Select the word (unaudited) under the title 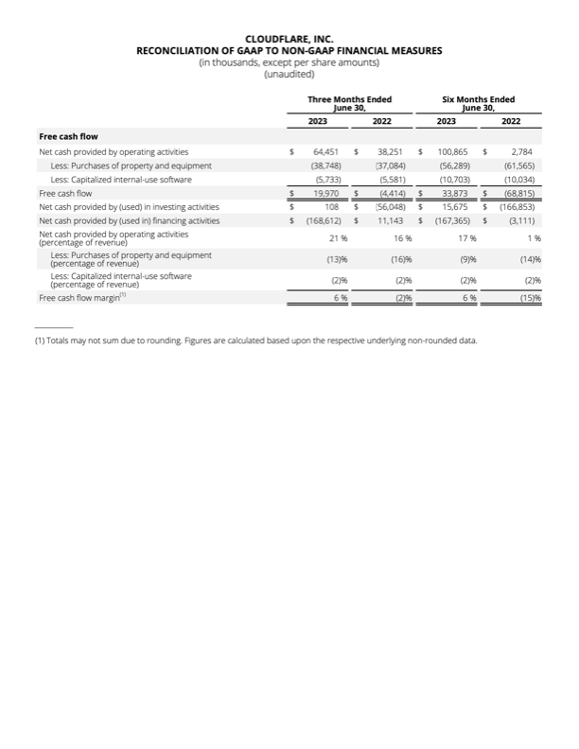click(289, 73)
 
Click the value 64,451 click(325, 151)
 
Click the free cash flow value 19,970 click(325, 193)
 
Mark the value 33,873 click(457, 193)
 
